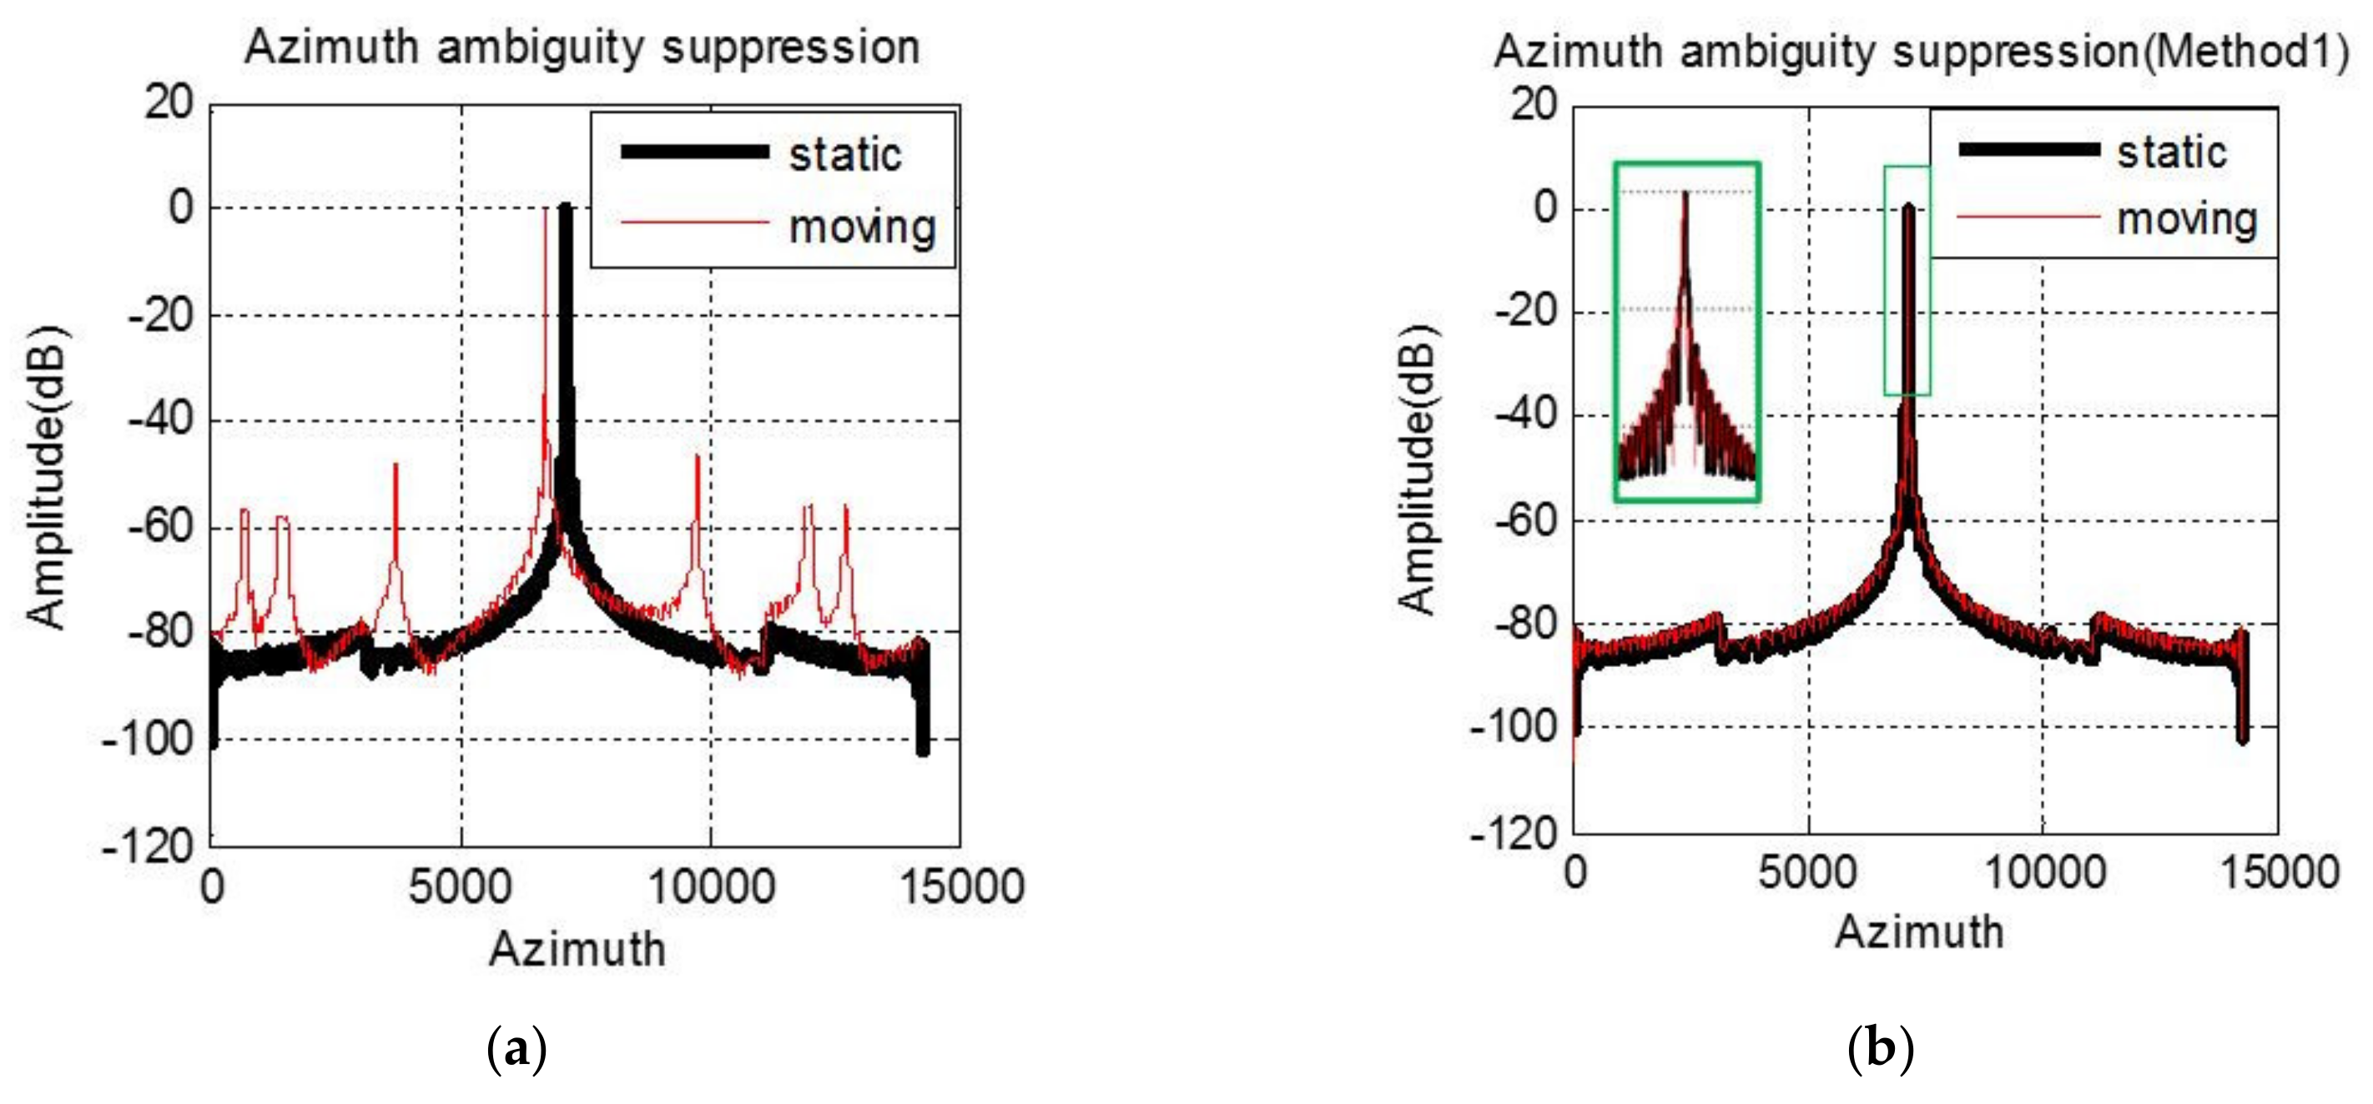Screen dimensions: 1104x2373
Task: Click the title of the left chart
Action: tap(582, 48)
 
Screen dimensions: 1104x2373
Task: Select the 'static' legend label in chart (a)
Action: tap(844, 155)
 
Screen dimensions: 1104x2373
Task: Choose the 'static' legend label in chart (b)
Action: tap(2171, 152)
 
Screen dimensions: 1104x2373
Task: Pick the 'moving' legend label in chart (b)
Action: tap(2187, 220)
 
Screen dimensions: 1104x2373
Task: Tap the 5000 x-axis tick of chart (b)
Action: tap(1807, 872)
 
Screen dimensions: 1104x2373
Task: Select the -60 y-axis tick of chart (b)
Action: tap(1521, 520)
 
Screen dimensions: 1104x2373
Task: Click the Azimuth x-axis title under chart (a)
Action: tap(577, 949)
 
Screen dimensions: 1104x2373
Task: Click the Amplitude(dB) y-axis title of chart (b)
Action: tap(1418, 469)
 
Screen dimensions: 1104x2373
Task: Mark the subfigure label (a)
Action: tap(516, 1049)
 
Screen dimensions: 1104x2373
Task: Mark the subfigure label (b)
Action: tap(1880, 1049)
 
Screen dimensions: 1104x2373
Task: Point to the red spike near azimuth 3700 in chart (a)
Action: tap(396, 469)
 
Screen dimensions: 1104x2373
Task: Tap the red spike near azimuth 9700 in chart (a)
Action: tap(698, 460)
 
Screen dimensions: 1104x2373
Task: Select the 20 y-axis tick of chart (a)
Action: tap(169, 103)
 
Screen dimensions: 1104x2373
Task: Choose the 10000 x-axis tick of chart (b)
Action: tap(2043, 872)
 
